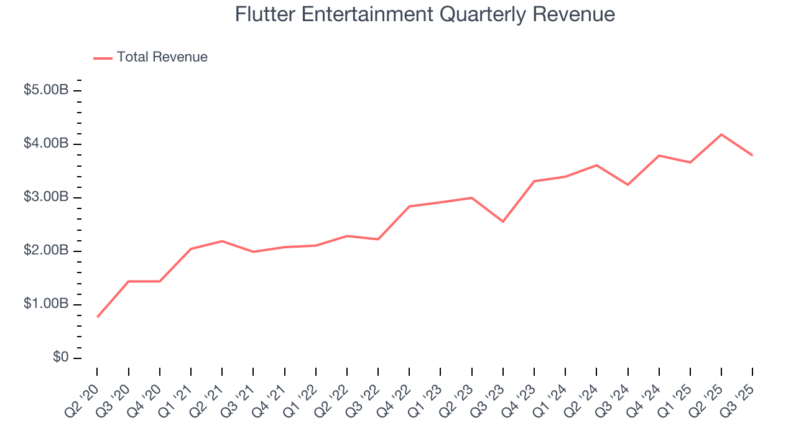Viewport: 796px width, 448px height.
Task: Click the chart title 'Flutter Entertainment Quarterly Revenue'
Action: pos(425,14)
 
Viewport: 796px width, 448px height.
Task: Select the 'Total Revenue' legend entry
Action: pos(162,57)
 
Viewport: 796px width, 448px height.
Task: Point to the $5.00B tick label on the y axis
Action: pos(46,90)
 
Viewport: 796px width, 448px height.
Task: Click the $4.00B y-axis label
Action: pos(46,144)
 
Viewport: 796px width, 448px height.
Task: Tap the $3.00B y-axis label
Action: pos(46,197)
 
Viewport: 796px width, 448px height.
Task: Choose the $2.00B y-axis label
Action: pos(46,251)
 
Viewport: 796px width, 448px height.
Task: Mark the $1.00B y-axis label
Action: pos(46,304)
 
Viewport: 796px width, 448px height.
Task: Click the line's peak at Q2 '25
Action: pos(721,134)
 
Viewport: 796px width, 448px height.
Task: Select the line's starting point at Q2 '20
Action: pos(98,317)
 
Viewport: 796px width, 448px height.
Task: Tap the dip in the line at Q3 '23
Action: pos(502,222)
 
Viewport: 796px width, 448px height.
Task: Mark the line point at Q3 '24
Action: pos(627,185)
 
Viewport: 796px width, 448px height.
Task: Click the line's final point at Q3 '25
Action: pos(752,155)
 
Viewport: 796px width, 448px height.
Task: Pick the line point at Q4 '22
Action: pos(409,206)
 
